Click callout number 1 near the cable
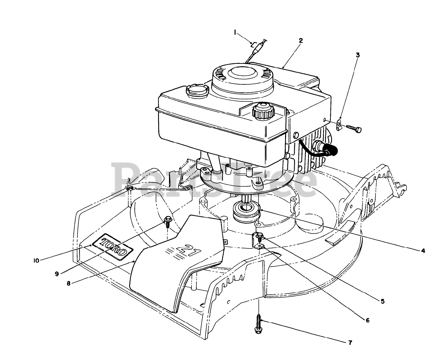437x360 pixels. (235, 32)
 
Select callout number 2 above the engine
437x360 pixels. (300, 40)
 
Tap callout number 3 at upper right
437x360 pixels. (348, 55)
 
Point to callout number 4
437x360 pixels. (423, 251)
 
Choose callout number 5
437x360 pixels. (383, 301)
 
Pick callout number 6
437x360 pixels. (367, 320)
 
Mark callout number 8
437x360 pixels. (69, 283)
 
